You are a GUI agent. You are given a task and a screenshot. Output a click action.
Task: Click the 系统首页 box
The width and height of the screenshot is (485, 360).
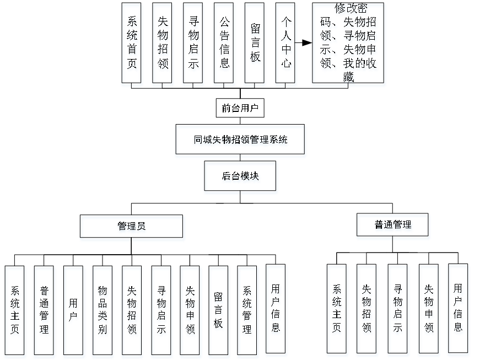point(132,45)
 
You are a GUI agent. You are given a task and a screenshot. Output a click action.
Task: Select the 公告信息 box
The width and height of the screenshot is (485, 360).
point(224,45)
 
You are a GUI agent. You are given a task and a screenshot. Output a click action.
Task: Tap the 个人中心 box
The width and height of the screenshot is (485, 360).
point(286,45)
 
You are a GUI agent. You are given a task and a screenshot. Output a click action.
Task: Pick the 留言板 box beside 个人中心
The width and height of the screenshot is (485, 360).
point(255,45)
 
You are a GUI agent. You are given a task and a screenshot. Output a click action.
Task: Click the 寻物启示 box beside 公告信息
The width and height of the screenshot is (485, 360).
point(193,45)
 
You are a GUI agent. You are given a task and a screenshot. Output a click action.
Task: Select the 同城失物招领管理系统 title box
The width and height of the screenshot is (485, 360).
point(240,141)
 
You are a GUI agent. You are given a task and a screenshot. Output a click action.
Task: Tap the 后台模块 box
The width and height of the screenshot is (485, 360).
point(241,178)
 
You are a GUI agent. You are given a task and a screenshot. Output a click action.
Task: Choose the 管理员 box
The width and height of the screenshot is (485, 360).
point(132,228)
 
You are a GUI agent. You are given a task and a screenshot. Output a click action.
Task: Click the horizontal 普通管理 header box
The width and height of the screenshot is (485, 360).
point(393,226)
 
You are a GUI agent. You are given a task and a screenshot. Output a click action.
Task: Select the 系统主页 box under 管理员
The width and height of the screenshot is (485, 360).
point(15,311)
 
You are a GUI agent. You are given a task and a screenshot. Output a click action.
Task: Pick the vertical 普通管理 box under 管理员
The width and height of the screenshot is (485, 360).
point(45,311)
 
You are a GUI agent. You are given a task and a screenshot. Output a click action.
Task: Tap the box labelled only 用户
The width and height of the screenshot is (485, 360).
point(73,311)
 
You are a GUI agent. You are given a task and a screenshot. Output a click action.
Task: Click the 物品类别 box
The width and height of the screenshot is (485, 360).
point(103,311)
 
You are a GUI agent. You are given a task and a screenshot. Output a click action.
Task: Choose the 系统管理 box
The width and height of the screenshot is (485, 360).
point(248,311)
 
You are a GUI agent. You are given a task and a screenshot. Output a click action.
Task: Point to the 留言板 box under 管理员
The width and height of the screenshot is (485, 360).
point(219,311)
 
